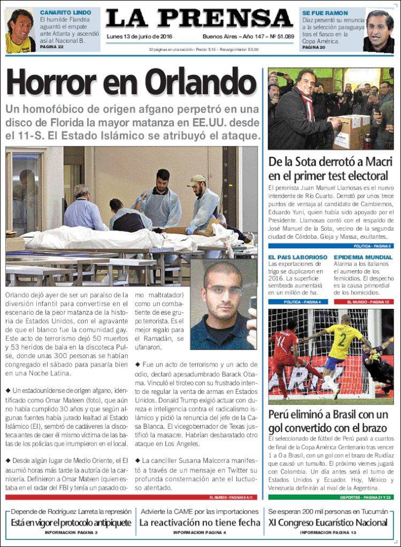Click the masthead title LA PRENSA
(199, 18)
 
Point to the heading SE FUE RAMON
(325, 12)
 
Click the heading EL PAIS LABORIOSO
(298, 257)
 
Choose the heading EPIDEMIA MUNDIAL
(363, 257)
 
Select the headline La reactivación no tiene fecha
(199, 522)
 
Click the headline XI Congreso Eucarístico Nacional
(328, 522)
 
